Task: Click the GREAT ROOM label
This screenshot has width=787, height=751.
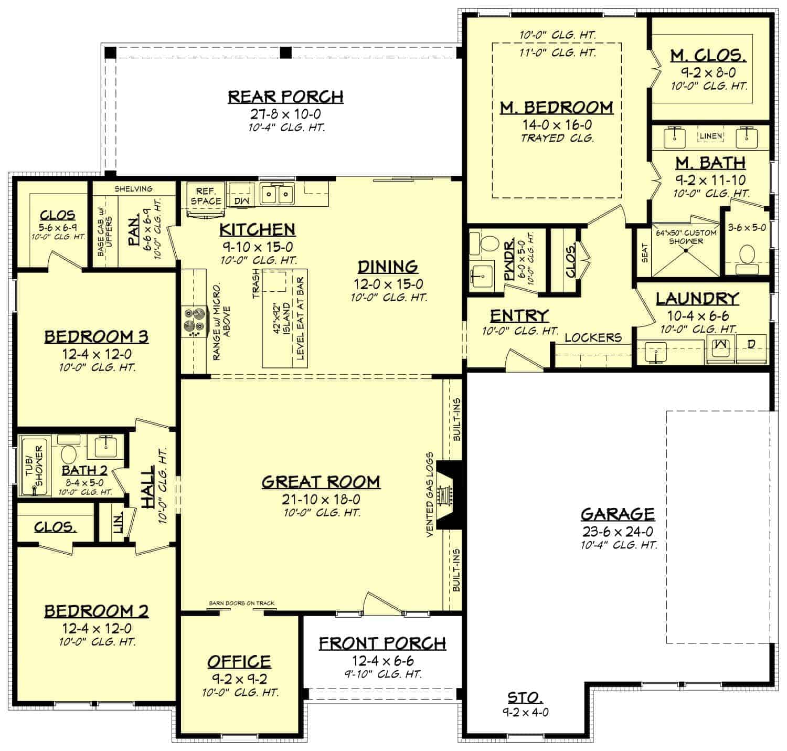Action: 321,482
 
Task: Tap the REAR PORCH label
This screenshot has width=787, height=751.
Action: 286,97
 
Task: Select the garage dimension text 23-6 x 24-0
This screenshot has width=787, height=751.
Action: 618,531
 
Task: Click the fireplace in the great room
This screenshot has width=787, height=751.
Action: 448,495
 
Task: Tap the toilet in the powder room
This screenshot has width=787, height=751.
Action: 488,244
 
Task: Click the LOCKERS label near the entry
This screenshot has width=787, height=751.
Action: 593,337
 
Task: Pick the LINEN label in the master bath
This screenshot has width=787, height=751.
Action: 711,136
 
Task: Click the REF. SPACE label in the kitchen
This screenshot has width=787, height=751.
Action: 206,196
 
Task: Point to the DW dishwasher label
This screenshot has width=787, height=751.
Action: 241,200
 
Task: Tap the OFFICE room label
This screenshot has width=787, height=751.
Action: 239,662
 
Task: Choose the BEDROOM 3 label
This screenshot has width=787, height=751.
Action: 97,336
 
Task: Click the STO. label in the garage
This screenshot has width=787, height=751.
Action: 525,697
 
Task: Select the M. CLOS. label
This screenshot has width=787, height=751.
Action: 708,56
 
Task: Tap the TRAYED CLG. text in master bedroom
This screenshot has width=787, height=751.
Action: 557,139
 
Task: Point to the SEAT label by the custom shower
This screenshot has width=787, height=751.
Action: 645,252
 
